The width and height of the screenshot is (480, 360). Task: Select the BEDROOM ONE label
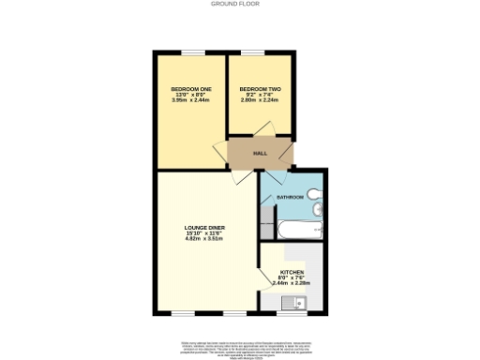(x=191, y=88)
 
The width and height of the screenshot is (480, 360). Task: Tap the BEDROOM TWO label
(x=261, y=88)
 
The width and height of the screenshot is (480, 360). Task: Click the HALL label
(x=261, y=153)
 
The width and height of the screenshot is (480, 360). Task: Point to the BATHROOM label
(x=290, y=197)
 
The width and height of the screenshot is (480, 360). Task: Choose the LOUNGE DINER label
(x=203, y=228)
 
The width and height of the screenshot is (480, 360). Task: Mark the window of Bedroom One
(x=191, y=52)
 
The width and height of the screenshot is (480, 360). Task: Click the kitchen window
(x=287, y=313)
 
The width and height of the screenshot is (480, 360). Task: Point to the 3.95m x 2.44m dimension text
(x=191, y=99)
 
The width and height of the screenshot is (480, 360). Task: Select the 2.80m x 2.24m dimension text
(x=261, y=99)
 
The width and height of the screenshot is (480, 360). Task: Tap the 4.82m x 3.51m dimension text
(x=203, y=239)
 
